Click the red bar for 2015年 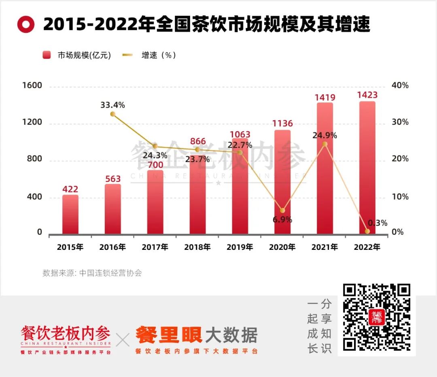pos(70,214)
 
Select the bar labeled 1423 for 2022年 pos(367,168)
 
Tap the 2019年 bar pos(240,186)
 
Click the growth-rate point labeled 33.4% pos(112,114)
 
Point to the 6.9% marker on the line pos(282,211)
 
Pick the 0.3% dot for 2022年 pos(367,231)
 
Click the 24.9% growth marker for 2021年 pos(325,144)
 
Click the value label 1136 pos(282,124)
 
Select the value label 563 pos(112,179)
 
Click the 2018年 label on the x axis pos(197,247)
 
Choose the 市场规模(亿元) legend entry pos(76,55)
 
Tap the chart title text pos(206,24)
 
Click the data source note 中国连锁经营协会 pos(92,273)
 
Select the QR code pos(377,317)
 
